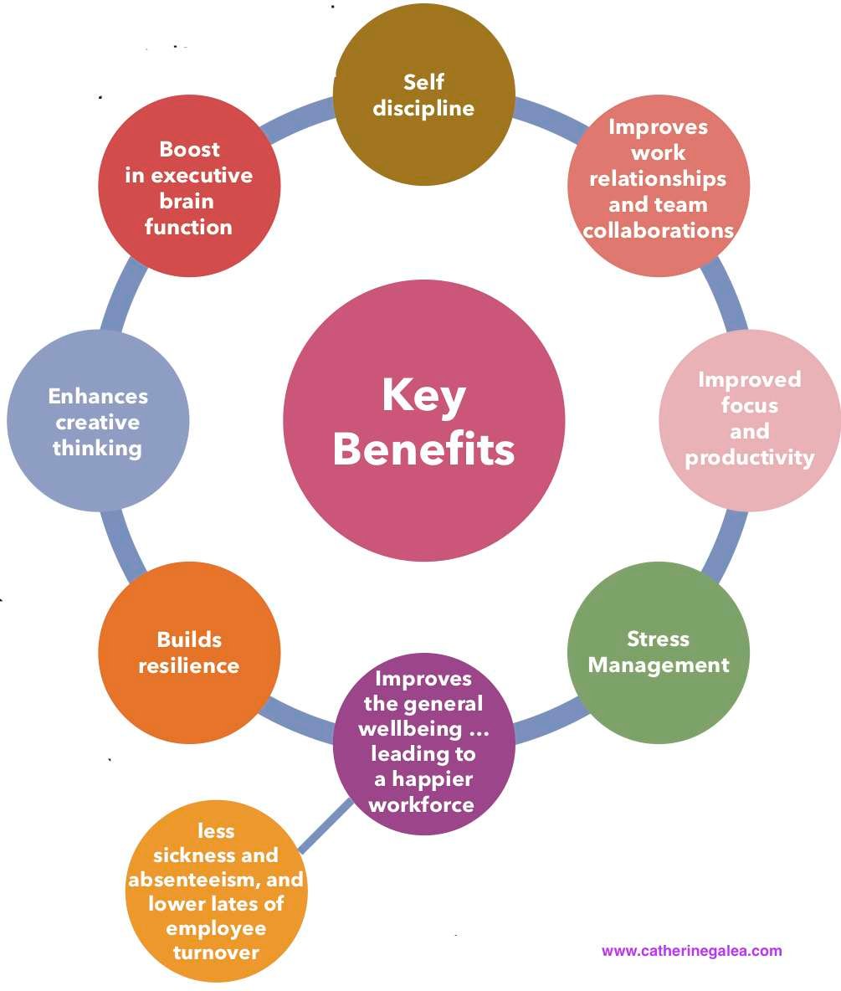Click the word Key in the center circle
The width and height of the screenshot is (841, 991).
click(424, 397)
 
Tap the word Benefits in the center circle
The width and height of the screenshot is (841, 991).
click(424, 449)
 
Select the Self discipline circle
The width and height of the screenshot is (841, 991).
click(424, 95)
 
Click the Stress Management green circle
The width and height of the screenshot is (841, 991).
click(659, 653)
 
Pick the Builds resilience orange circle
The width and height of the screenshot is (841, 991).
click(189, 653)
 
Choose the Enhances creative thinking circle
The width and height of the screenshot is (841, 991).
click(98, 421)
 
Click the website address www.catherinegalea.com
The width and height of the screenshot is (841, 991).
click(692, 951)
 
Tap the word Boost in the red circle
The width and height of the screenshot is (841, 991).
click(190, 149)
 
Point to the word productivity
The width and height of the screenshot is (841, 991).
click(750, 458)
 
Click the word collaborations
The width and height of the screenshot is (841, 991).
click(659, 231)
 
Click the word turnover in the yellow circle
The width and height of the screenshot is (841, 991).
click(216, 952)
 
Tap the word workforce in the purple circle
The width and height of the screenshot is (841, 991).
click(422, 804)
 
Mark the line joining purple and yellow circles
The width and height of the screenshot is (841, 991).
click(326, 825)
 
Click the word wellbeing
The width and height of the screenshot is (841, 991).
click(410, 729)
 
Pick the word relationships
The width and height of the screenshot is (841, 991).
click(658, 179)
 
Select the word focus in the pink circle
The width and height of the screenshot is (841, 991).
click(750, 405)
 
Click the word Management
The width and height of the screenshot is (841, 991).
click(659, 665)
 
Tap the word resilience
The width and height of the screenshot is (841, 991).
click(189, 665)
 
